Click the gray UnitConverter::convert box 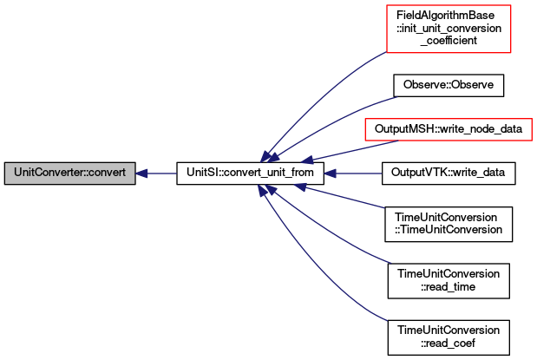point(70,173)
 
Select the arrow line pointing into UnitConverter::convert point(160,173)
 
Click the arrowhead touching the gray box point(142,173)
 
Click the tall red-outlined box point(449,29)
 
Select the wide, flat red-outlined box point(448,129)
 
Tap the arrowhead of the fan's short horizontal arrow point(330,173)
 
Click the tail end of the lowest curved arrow point(385,320)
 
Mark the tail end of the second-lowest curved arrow point(390,262)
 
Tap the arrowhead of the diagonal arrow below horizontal point(299,186)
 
